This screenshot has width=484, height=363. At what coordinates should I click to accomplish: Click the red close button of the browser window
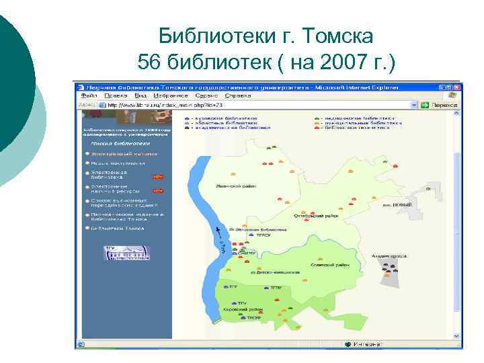[458, 87]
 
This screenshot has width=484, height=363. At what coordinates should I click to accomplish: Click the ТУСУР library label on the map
[253, 317]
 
